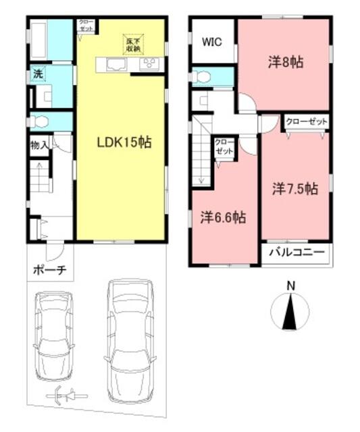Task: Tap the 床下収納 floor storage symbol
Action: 132,44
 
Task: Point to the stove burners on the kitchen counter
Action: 149,65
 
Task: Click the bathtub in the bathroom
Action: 38,40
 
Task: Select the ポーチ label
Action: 48,271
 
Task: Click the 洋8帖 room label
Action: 284,63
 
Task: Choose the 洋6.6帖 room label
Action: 222,217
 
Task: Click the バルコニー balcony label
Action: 297,254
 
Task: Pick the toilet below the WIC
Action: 203,77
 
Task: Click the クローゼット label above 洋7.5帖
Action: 306,122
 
